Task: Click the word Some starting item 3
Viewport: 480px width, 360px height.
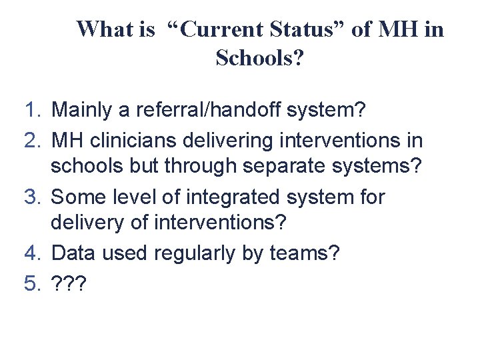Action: point(74,197)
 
